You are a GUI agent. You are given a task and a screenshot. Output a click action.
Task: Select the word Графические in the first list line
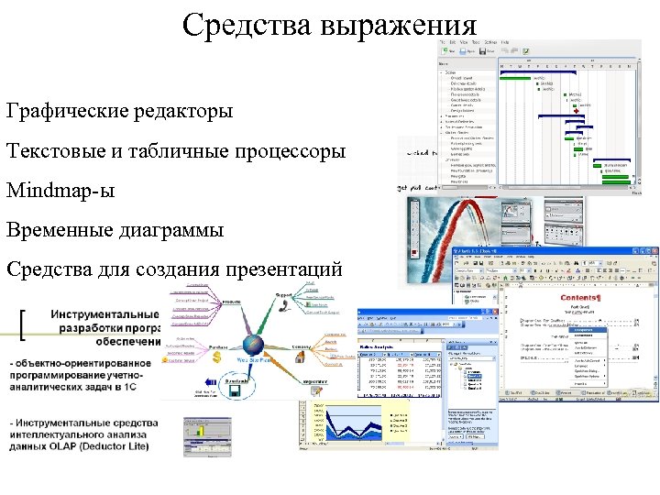click(x=65, y=111)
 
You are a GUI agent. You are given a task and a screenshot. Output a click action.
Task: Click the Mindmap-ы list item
click(x=60, y=191)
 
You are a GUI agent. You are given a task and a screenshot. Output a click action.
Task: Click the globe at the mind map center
click(x=253, y=345)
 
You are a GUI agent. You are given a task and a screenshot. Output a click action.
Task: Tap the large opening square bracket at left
click(x=22, y=323)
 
